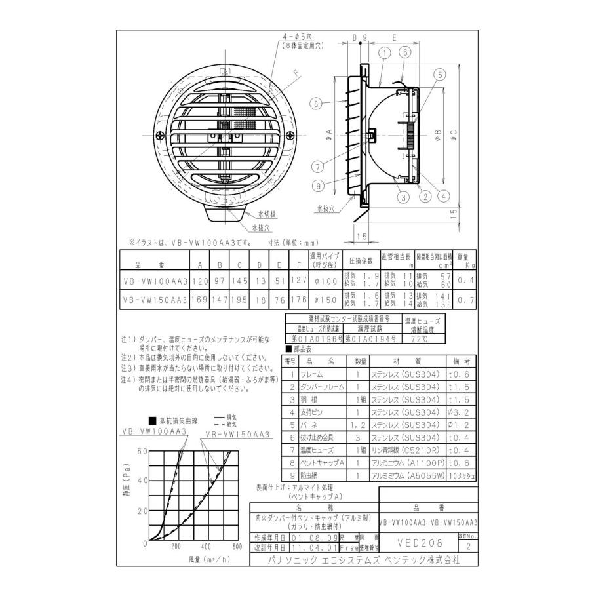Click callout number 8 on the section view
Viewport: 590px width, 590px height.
[316, 103]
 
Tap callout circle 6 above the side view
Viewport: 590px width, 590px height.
[405, 52]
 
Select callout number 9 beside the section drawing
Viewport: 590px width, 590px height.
[319, 186]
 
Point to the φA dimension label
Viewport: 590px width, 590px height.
[330, 132]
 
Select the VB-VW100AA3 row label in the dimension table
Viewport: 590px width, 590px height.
[155, 281]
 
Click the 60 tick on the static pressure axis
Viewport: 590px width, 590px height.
[142, 452]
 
